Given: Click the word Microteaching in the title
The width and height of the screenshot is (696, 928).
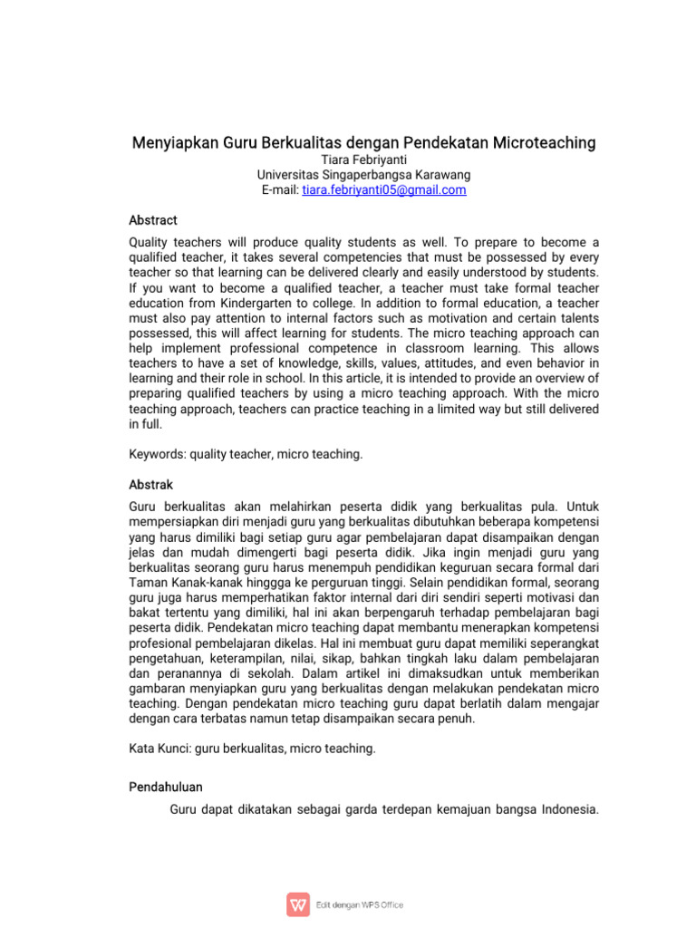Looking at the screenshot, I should click(546, 143).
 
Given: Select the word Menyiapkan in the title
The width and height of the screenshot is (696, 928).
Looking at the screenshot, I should click(169, 143).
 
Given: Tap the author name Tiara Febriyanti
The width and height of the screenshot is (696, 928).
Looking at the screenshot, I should click(348, 159).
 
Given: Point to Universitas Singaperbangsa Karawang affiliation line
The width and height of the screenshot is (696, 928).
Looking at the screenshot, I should click(348, 175).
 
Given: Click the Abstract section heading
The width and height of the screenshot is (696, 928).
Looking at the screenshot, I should click(153, 220).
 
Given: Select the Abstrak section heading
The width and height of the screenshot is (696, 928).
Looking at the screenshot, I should click(151, 485).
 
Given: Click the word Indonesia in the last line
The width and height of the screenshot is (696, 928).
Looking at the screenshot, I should click(568, 809).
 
